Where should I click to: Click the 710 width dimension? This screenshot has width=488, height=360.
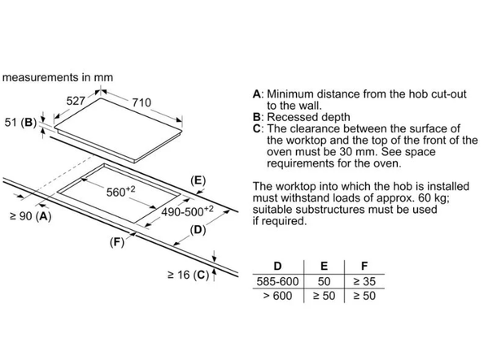click(x=142, y=102)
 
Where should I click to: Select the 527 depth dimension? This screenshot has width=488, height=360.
click(x=76, y=102)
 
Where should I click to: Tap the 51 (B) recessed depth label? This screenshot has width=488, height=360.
click(x=21, y=123)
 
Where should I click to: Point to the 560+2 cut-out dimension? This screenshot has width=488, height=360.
click(x=122, y=193)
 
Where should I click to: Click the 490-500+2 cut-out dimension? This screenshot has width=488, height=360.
click(x=185, y=210)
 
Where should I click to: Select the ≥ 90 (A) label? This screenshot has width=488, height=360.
click(x=29, y=217)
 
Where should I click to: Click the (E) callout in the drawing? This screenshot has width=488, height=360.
click(x=197, y=180)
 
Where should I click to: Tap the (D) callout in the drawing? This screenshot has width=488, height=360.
click(x=197, y=230)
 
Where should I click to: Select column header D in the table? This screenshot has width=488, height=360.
click(x=278, y=266)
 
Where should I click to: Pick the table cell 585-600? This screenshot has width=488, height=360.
click(x=278, y=280)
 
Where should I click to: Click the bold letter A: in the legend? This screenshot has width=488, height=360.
click(x=258, y=94)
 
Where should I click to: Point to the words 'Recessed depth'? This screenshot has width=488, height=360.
click(x=305, y=117)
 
